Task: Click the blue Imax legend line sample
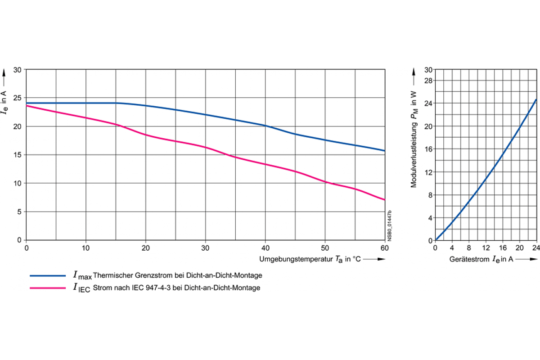coord(48,275)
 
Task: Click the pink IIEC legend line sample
coord(48,288)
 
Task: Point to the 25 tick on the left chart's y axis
coord(18,98)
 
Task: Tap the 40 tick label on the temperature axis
coord(265,248)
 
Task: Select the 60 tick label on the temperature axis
coord(385,248)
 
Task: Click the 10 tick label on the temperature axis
coord(86,248)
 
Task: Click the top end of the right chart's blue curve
coord(536,99)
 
